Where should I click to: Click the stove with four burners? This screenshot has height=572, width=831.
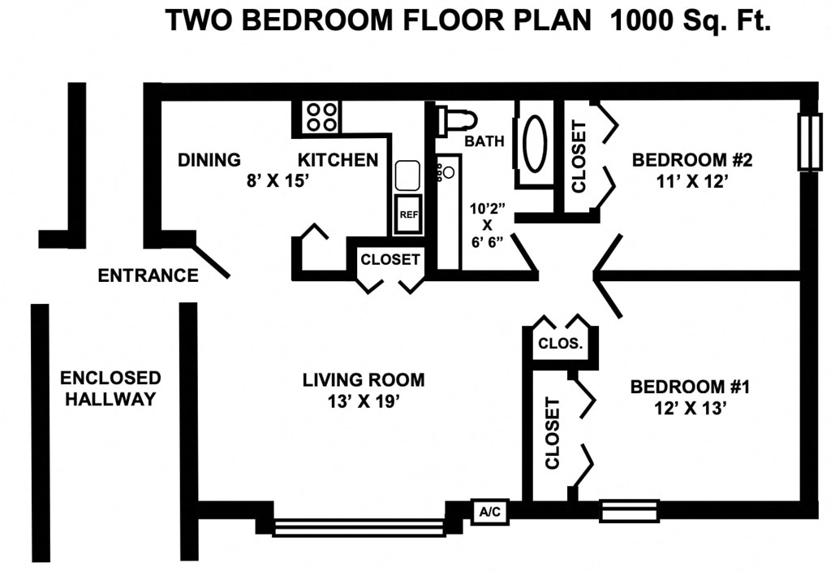322,116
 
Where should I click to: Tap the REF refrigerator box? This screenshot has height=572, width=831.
407,214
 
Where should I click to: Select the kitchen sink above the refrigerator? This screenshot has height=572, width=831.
407,175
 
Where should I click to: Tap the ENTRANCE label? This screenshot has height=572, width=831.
148,275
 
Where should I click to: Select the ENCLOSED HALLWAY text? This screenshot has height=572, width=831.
110,388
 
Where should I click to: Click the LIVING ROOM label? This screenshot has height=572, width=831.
363,379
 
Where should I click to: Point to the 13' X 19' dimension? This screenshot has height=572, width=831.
363,401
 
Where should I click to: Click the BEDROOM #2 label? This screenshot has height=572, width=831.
692,159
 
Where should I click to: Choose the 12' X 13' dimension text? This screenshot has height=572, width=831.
689,409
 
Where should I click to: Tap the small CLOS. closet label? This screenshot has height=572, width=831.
561,343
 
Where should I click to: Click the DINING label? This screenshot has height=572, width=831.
209,159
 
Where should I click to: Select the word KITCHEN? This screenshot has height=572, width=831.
338,159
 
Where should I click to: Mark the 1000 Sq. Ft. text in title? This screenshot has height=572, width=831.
690,20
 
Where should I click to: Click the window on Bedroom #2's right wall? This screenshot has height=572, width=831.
809,142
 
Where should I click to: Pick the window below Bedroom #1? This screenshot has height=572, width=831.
630,512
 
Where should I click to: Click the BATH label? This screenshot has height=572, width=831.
484,141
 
